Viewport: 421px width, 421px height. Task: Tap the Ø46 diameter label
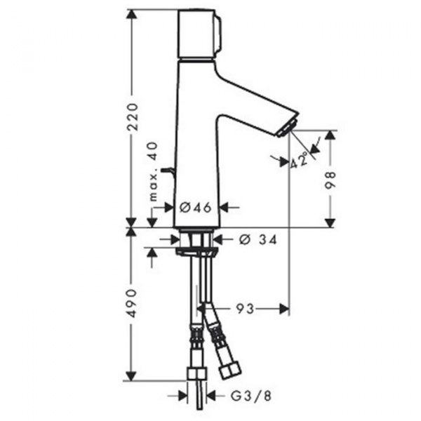pyautogui.click(x=196, y=207)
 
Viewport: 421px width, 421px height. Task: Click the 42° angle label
pyautogui.click(x=300, y=161)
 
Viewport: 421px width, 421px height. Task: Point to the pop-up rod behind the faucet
pyautogui.click(x=167, y=170)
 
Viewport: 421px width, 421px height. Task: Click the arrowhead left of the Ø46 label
pyautogui.click(x=169, y=207)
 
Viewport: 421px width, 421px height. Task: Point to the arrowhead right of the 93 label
pyautogui.click(x=283, y=308)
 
